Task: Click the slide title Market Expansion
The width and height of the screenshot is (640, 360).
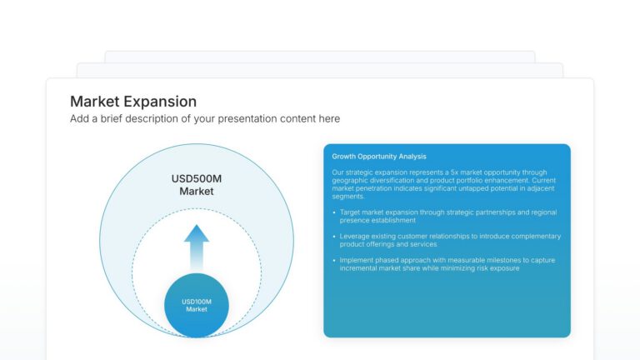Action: pos(133,102)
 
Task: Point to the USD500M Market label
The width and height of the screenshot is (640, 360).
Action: pos(197,185)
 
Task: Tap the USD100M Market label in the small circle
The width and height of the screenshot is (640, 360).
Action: pos(196,305)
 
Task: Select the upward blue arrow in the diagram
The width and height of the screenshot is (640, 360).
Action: pos(197,247)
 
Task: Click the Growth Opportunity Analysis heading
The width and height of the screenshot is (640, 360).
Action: pos(378,157)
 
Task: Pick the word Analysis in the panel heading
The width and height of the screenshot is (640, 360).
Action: pos(412,157)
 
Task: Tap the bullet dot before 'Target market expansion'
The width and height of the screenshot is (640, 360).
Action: pos(334,212)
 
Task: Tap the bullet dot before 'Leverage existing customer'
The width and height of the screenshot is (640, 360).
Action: pos(334,237)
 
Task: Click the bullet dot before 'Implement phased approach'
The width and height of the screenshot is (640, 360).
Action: pos(334,260)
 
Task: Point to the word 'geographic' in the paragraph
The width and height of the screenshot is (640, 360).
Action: pos(349,180)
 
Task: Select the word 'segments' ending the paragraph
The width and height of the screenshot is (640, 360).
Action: pos(347,196)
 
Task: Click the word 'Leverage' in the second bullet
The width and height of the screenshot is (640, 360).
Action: pos(355,237)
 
